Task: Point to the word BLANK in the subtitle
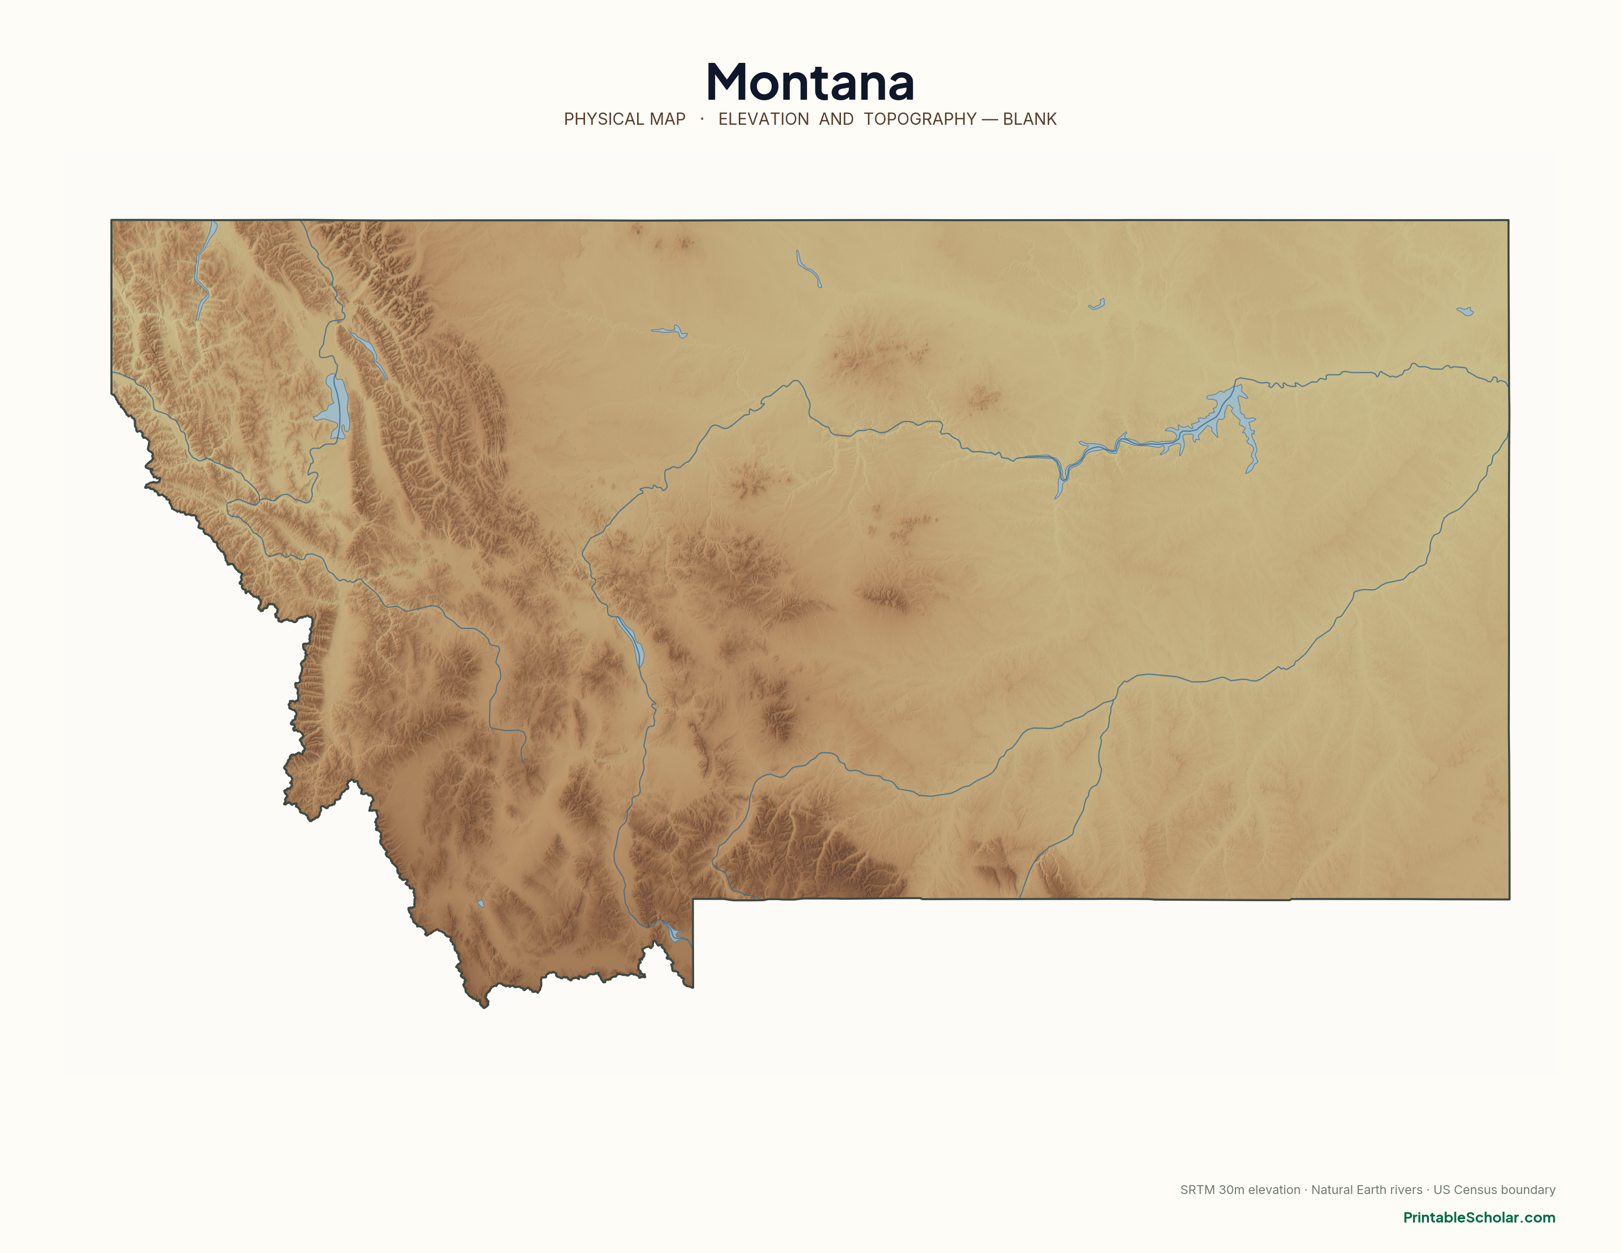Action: (x=1030, y=119)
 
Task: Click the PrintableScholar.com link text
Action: (x=1479, y=1217)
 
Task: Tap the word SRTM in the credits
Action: (x=1197, y=1190)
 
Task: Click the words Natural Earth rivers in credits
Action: (x=1367, y=1190)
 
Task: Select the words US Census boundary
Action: (x=1494, y=1190)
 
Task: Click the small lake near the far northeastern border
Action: (x=1465, y=312)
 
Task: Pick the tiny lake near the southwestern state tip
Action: (x=481, y=903)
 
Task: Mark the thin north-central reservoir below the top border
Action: (x=808, y=269)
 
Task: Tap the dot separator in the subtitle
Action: (x=701, y=119)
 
